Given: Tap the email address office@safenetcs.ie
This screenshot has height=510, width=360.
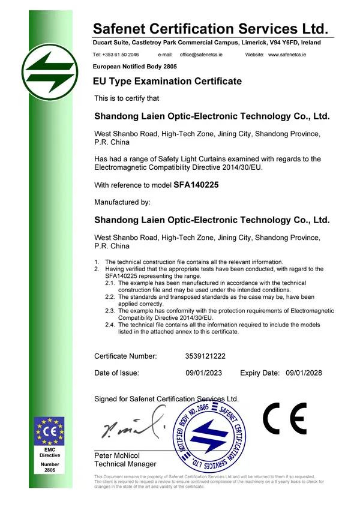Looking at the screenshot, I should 202,55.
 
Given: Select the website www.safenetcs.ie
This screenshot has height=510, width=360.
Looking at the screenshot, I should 287,55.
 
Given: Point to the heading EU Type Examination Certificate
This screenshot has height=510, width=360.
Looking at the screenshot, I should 167,81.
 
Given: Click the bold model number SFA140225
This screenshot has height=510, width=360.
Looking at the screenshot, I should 196,185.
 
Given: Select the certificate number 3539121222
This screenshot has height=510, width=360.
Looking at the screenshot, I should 206,356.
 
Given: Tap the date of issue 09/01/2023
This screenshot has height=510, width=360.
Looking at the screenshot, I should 204,373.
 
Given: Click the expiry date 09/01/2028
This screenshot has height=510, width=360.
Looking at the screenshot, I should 304,373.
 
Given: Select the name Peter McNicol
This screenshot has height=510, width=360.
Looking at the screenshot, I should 116,456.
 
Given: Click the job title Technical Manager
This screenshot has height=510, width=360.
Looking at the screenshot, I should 125,464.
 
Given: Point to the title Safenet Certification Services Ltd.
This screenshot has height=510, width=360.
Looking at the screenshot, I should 211,28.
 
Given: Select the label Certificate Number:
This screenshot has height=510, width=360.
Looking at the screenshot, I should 125,356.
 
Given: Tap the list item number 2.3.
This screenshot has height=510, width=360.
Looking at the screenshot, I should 110,311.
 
